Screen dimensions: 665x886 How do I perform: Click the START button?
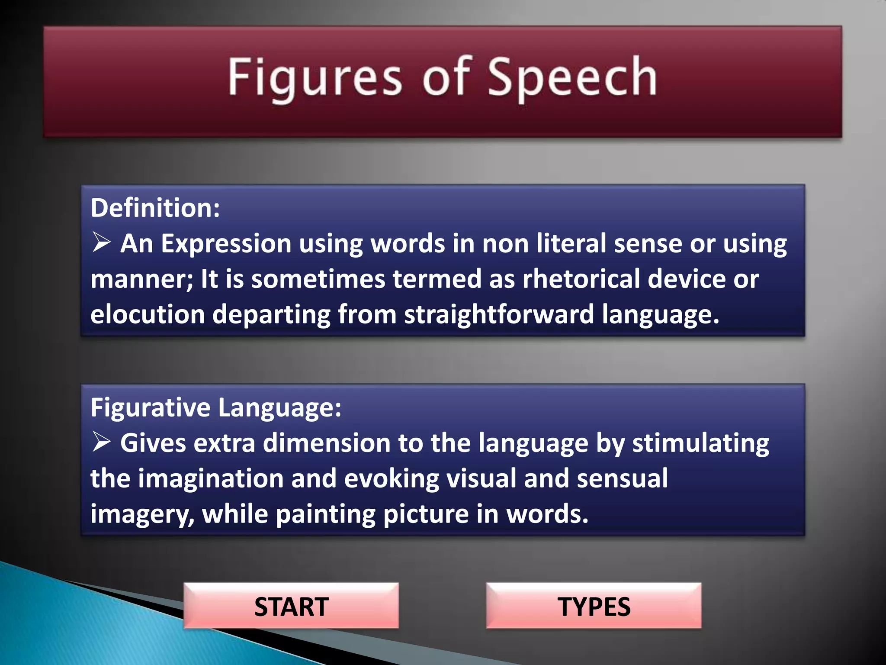[291, 606]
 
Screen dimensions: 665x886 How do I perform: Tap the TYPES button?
[594, 606]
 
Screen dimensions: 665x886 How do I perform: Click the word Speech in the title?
[572, 78]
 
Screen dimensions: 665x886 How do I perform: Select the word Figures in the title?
[315, 78]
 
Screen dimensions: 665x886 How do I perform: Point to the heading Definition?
[155, 208]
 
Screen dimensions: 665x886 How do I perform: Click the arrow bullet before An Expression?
[102, 242]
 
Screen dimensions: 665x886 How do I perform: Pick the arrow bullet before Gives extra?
[102, 442]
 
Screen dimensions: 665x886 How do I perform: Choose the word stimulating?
[700, 444]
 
